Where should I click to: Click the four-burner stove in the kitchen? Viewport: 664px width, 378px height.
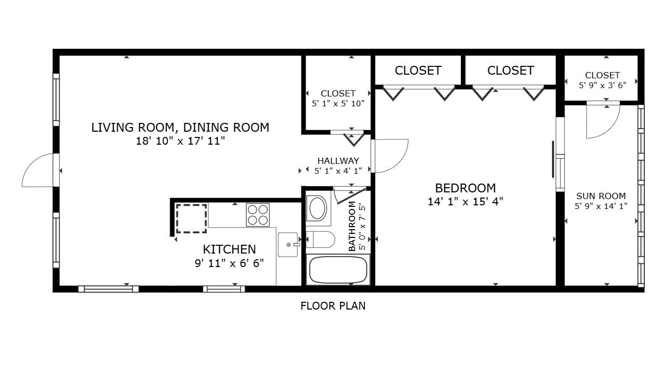pyautogui.click(x=258, y=215)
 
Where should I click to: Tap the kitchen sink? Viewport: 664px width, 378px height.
pyautogui.click(x=288, y=245)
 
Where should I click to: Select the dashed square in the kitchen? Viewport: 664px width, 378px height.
pyautogui.click(x=191, y=218)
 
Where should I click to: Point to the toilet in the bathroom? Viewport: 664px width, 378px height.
pyautogui.click(x=321, y=240)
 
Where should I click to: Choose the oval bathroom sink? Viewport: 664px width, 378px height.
pyautogui.click(x=317, y=208)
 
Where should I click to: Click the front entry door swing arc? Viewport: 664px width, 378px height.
pyautogui.click(x=37, y=171)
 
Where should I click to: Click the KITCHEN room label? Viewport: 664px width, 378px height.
pyautogui.click(x=229, y=249)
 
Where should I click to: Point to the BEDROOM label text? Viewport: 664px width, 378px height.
pyautogui.click(x=465, y=188)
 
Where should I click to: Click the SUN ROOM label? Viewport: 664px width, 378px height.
pyautogui.click(x=601, y=196)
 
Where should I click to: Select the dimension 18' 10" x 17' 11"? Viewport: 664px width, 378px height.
pyautogui.click(x=180, y=141)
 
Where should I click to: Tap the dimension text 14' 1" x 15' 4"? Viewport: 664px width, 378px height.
pyautogui.click(x=465, y=202)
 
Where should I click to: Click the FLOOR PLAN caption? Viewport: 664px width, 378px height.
pyautogui.click(x=333, y=306)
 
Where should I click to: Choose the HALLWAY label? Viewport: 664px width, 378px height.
pyautogui.click(x=338, y=161)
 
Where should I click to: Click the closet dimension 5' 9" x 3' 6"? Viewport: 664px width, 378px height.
pyautogui.click(x=602, y=85)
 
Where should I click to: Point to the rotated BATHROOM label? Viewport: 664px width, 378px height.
pyautogui.click(x=352, y=226)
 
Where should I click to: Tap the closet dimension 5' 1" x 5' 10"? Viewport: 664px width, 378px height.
pyautogui.click(x=338, y=103)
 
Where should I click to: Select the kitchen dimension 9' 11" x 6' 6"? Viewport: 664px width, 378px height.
pyautogui.click(x=229, y=263)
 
